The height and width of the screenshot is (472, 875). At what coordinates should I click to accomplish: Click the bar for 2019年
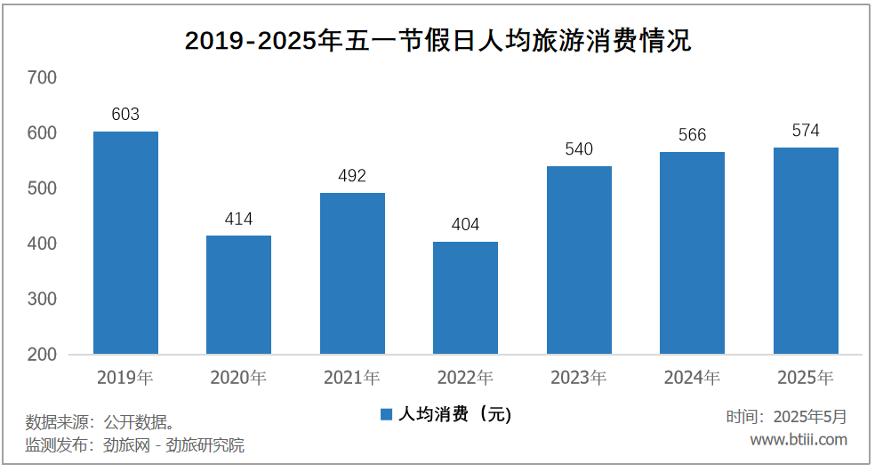(125, 243)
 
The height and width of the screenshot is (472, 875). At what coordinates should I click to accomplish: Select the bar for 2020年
(238, 294)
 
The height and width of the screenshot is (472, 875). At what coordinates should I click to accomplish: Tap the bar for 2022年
(465, 298)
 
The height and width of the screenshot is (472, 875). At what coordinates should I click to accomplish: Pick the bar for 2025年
(806, 251)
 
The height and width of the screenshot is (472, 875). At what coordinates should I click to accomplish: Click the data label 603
(125, 115)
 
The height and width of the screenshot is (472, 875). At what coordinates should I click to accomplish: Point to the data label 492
(352, 176)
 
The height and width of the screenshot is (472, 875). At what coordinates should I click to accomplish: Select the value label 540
(579, 149)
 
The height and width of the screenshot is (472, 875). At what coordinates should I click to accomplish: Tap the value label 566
(692, 135)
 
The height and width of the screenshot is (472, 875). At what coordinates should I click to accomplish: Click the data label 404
(465, 225)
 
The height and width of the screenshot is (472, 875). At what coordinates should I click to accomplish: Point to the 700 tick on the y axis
(42, 78)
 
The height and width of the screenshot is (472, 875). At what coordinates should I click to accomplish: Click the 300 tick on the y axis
(42, 300)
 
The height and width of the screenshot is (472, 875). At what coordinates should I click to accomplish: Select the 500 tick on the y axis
(42, 188)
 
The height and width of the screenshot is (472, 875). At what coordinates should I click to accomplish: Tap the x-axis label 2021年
(352, 378)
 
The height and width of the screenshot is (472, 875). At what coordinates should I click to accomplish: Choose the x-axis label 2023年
(579, 378)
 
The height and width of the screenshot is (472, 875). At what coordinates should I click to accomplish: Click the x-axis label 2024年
(692, 378)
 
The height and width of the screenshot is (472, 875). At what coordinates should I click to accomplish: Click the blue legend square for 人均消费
(386, 414)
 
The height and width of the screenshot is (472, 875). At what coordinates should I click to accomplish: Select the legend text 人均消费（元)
(454, 414)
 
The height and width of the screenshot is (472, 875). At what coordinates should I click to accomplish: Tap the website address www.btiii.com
(799, 440)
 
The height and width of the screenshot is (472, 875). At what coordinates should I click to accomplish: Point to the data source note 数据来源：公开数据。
(99, 420)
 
